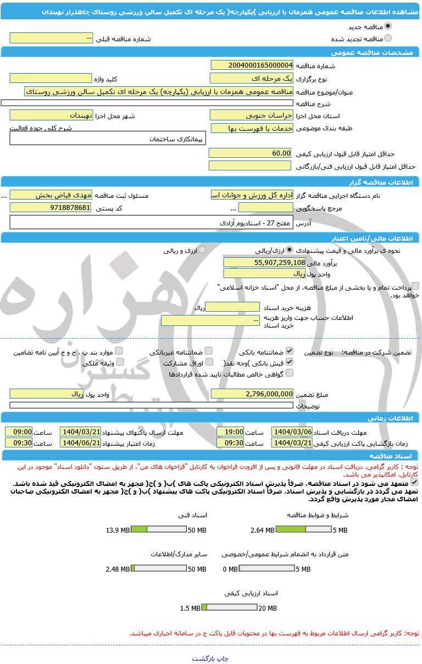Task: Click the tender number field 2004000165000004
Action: pos(252,65)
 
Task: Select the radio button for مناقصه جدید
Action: pos(388,26)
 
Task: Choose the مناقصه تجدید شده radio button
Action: pos(388,38)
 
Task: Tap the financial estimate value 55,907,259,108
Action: pos(264,262)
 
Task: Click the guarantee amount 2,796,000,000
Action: pos(252,394)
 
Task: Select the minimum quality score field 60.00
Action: pos(252,153)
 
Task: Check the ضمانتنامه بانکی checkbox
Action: pos(290,351)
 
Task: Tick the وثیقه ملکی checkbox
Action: pos(120,362)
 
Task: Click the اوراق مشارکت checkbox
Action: pos(209,362)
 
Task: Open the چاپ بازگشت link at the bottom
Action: pos(210,658)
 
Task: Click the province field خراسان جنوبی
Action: pos(252,115)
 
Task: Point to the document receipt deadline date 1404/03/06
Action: pos(292,432)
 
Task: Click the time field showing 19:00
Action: pos(230,432)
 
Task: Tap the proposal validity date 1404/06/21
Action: pos(80,442)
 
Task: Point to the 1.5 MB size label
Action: pos(190,608)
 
